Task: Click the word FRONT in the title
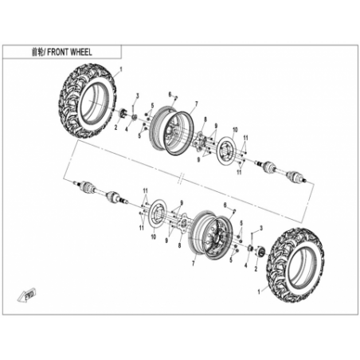[x=58, y=52]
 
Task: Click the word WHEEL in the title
[x=81, y=52]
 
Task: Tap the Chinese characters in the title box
[x=37, y=53]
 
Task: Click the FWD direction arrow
[x=27, y=295]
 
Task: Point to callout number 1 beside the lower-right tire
[x=259, y=292]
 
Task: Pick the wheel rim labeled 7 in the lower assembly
[x=211, y=235]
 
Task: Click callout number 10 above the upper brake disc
[x=235, y=130]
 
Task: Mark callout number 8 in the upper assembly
[x=205, y=119]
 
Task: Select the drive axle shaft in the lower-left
[x=101, y=192]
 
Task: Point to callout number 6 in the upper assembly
[x=170, y=94]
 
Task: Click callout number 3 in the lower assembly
[x=261, y=228]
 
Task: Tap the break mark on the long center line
[x=181, y=177]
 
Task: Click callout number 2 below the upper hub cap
[x=115, y=128]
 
